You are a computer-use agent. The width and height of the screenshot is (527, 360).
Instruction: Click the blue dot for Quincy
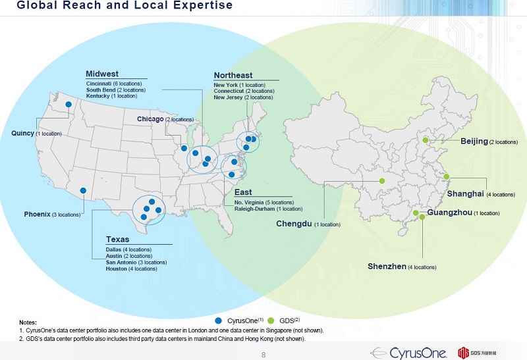(69, 105)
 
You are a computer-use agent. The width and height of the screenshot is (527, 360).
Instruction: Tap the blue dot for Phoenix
(83, 191)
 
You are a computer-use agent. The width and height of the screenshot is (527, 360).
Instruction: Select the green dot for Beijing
(426, 140)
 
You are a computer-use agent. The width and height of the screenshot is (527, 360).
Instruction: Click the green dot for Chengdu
(381, 181)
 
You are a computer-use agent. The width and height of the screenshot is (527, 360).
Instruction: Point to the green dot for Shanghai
(445, 176)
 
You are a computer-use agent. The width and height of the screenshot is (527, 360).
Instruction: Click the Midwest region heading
(102, 74)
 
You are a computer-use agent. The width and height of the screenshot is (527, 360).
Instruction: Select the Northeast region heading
(233, 76)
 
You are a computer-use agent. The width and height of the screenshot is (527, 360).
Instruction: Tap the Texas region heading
(117, 240)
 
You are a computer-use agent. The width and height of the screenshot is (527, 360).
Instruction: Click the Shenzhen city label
(387, 266)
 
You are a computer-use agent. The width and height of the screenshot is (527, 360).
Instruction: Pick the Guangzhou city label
(449, 213)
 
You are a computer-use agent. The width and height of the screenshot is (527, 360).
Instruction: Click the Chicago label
(150, 119)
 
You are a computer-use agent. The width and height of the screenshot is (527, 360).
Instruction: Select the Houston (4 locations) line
(131, 269)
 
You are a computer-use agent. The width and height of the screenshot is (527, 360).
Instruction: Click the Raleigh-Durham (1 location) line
(268, 209)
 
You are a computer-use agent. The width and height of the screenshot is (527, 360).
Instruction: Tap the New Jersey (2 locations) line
(242, 97)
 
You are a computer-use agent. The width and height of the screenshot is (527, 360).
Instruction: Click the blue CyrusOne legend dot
(219, 320)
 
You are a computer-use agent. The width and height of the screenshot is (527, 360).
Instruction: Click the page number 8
(263, 355)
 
